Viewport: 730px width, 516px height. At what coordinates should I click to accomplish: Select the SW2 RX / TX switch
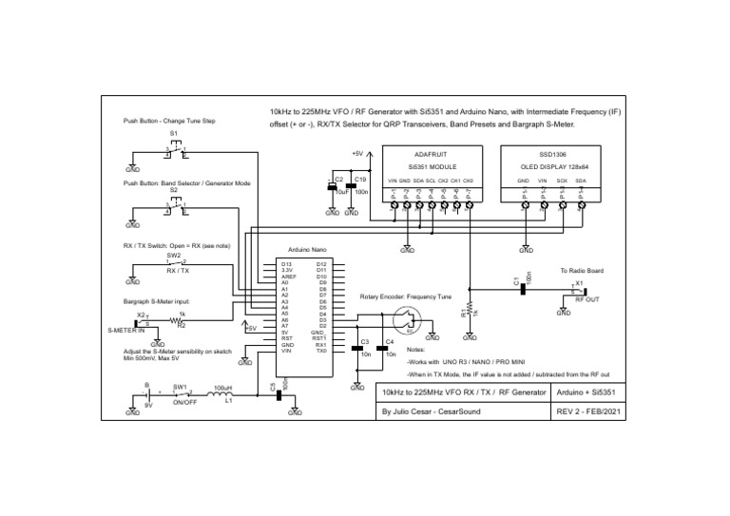[175, 262]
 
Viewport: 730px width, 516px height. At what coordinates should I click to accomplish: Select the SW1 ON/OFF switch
[180, 392]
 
